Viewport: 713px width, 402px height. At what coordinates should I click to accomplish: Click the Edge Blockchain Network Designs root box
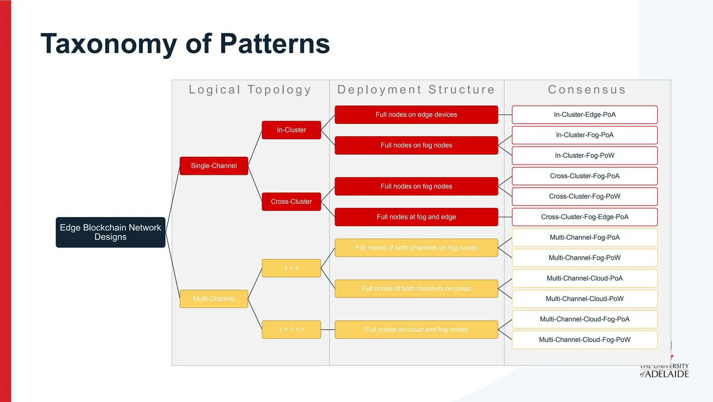tap(110, 232)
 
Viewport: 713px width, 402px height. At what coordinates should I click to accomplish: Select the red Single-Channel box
tap(214, 166)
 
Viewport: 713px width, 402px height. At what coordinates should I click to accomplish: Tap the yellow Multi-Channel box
tap(214, 299)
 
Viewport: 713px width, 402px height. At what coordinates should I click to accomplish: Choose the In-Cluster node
tap(291, 130)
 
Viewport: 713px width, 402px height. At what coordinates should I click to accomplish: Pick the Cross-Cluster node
tap(291, 202)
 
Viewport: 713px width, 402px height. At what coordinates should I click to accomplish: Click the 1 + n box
tap(291, 268)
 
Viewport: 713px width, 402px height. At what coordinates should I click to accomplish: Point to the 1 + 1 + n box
tap(291, 330)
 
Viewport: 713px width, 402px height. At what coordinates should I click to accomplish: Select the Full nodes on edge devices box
tap(416, 115)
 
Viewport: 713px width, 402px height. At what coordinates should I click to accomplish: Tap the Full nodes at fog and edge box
tap(416, 217)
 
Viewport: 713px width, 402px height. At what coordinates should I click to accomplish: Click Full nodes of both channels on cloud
tap(416, 289)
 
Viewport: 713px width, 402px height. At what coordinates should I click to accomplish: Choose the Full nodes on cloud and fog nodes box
tap(416, 330)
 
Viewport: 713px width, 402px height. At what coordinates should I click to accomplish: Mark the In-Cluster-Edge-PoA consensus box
tap(585, 115)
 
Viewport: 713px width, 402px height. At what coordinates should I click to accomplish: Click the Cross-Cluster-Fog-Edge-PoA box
tap(585, 217)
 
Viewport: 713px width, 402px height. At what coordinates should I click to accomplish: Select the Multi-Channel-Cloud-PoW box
tap(585, 299)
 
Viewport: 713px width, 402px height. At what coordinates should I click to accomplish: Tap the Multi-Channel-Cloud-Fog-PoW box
tap(585, 340)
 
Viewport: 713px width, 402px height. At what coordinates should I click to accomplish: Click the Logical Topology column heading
tap(250, 90)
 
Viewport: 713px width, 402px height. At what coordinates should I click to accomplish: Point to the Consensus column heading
tap(587, 90)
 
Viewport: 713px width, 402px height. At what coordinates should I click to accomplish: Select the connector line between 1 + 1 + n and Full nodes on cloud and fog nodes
tap(328, 330)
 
